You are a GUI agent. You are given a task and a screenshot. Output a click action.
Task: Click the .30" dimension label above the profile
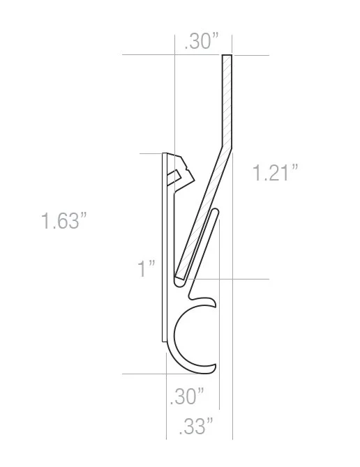tap(202, 41)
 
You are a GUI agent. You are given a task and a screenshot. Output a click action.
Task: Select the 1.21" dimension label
tap(275, 172)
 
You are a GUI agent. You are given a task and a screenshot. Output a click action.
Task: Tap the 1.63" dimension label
tap(63, 221)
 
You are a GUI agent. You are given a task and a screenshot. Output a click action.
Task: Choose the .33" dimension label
tap(196, 426)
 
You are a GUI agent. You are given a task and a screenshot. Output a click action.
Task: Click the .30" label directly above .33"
tap(187, 396)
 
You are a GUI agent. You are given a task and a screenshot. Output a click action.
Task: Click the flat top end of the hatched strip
tap(227, 55)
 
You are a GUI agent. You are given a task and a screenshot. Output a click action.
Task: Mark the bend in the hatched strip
tap(227, 146)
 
